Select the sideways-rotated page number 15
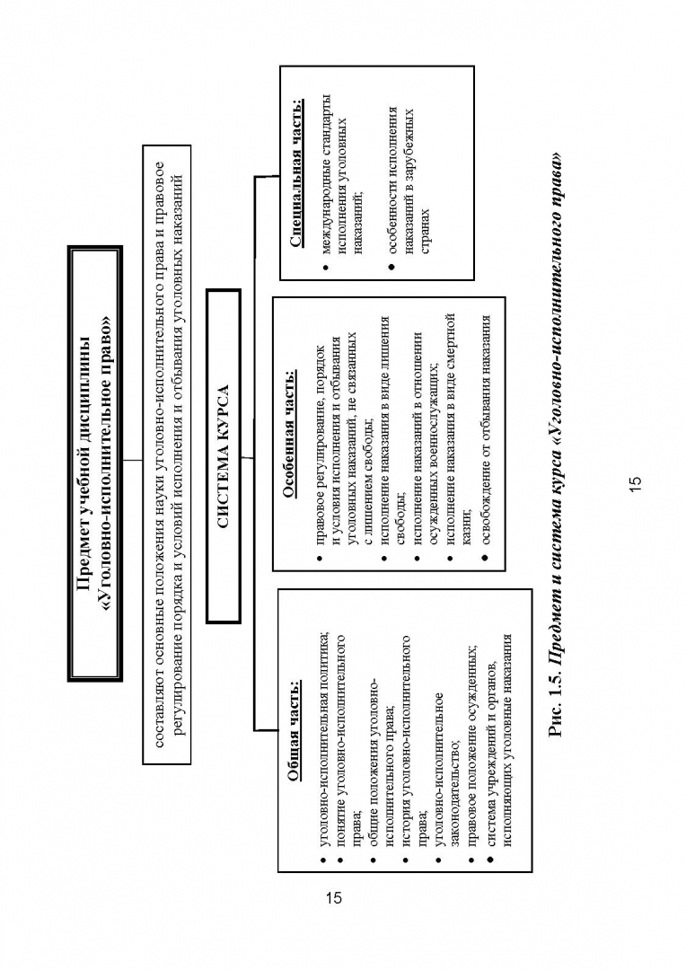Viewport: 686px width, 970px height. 636,484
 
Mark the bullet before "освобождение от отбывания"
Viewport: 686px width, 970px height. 485,559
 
